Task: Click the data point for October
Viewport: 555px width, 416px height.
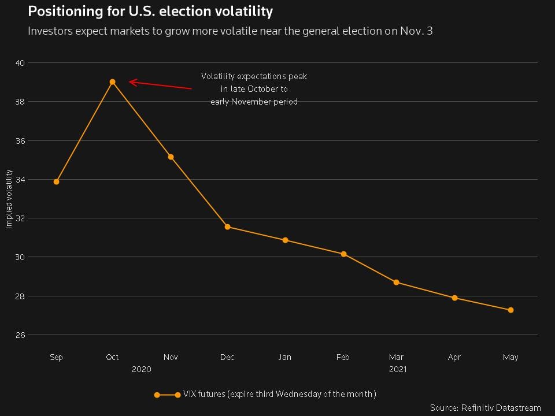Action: pos(112,82)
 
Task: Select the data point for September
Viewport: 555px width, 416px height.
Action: pos(56,182)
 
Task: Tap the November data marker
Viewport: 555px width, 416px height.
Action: pos(171,157)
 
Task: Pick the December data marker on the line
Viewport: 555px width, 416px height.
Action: pos(227,227)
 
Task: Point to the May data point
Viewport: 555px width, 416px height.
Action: pos(510,310)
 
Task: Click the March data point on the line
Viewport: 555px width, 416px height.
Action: pos(396,283)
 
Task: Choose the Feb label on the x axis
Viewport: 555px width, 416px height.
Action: pos(343,358)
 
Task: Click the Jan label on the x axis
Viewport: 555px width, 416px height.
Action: pos(284,358)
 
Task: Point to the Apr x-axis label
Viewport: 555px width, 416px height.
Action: pos(454,358)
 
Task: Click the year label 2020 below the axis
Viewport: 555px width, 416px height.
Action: pos(141,369)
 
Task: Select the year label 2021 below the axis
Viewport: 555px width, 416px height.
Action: pos(397,369)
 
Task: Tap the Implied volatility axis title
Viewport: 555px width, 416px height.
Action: pos(9,199)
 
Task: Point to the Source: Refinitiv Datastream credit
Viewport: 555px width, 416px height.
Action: pos(486,408)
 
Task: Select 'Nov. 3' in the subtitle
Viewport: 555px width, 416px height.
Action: pos(416,31)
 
